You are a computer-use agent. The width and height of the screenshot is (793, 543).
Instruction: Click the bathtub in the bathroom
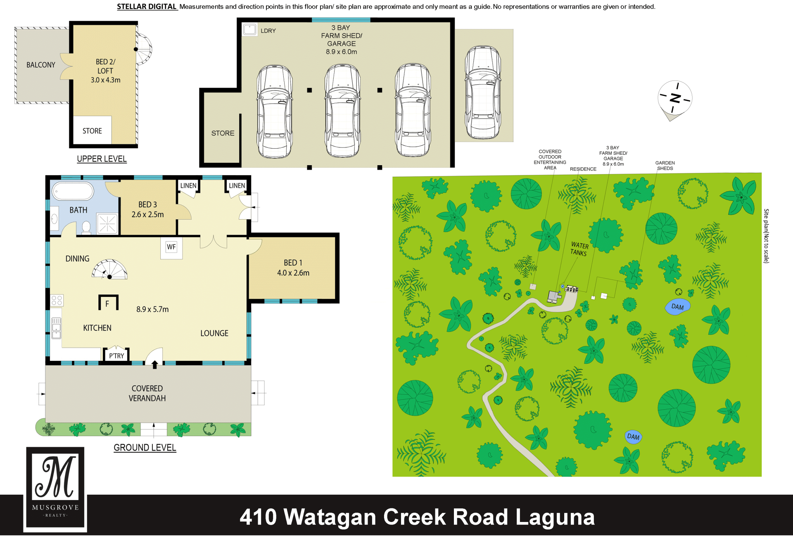73,192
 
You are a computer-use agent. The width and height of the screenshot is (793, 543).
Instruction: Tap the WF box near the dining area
171,247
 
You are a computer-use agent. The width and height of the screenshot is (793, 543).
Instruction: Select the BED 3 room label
147,204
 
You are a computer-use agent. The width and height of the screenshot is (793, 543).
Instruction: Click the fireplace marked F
108,302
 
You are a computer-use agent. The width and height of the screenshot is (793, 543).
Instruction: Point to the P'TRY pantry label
116,356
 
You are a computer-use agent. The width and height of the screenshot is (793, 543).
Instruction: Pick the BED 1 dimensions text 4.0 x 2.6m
293,273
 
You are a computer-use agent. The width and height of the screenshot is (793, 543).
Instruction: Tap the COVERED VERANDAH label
147,394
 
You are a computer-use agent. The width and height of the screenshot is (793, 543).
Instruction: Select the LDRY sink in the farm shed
249,29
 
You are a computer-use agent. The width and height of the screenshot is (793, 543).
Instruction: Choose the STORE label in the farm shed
223,133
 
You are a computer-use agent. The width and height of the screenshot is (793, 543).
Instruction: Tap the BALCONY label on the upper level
41,65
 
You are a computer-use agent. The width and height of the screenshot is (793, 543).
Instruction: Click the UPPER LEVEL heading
102,159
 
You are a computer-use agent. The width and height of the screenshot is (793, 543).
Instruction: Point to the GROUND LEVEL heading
145,448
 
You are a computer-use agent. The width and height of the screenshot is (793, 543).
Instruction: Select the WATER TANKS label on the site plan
579,249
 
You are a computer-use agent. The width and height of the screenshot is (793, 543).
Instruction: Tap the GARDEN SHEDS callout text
665,166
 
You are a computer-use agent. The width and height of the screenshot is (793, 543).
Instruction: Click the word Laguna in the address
555,517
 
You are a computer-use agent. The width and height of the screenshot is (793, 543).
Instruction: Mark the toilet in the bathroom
86,228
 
